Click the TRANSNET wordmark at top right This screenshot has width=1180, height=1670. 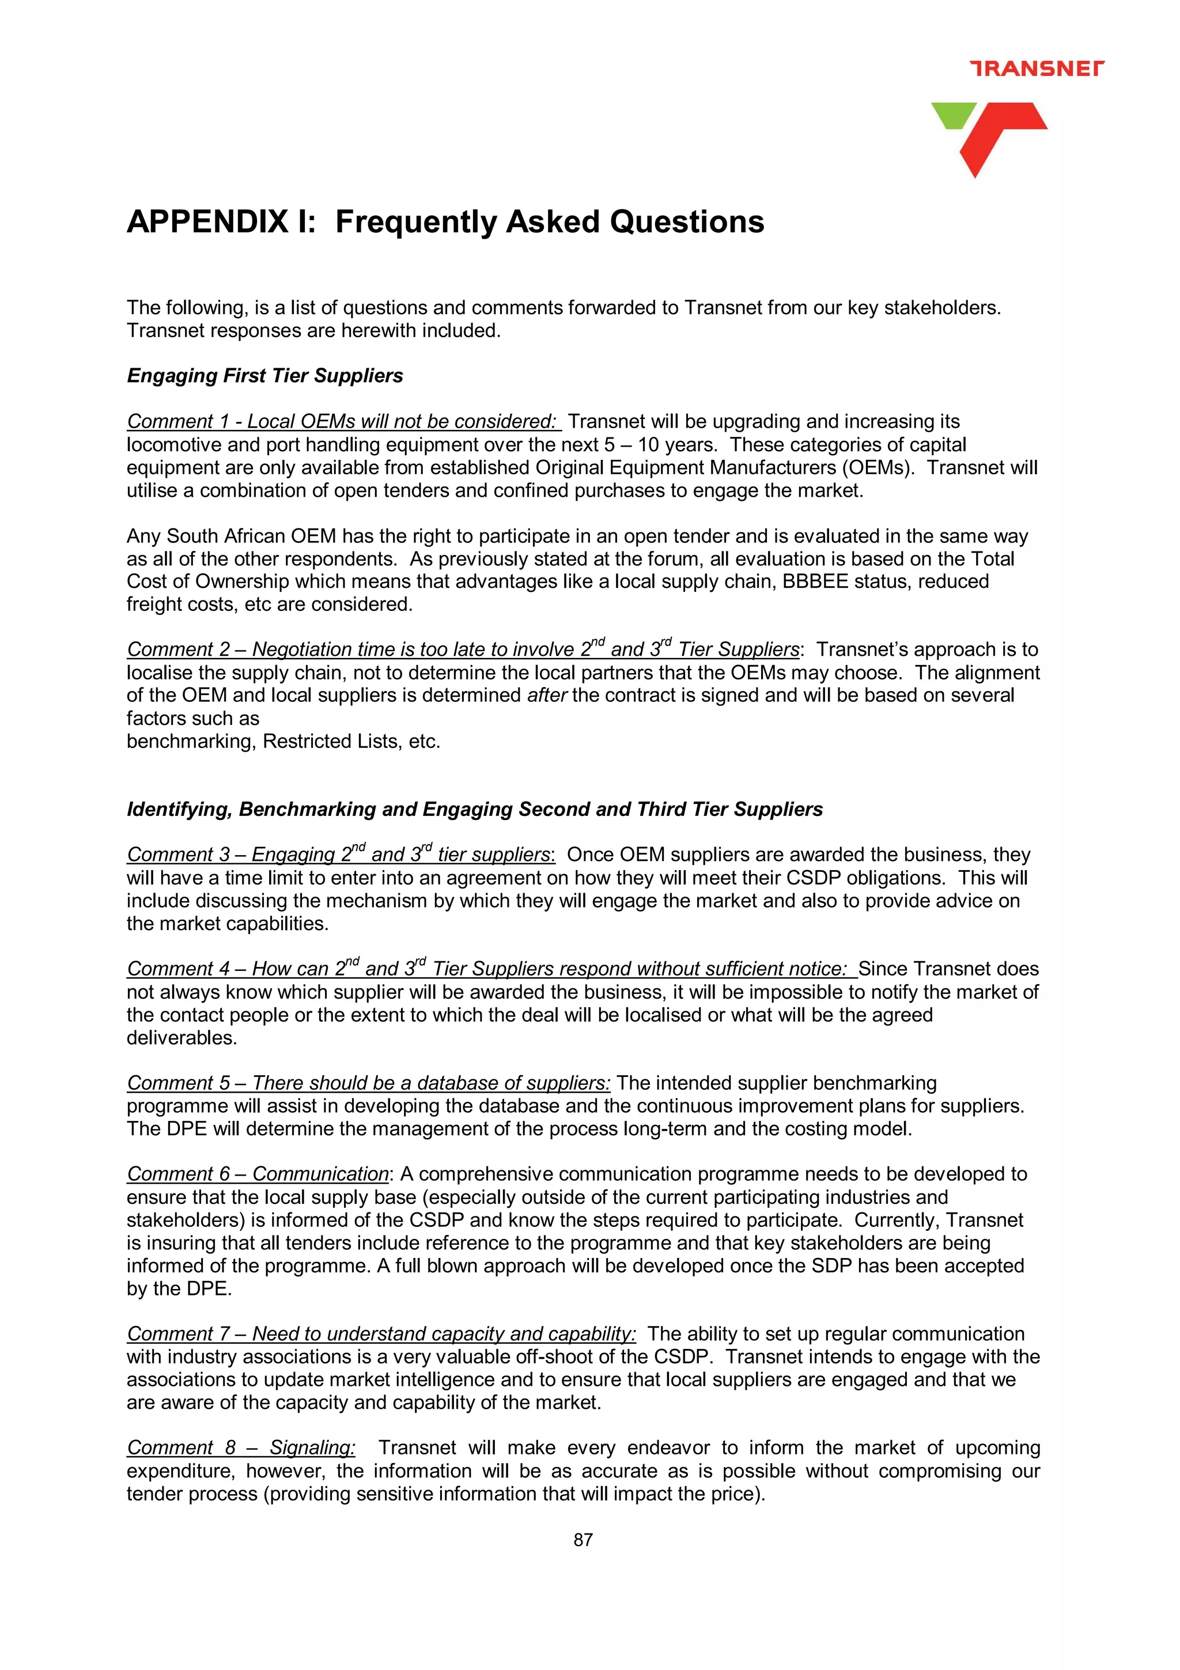(x=1036, y=69)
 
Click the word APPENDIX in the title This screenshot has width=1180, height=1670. (x=208, y=222)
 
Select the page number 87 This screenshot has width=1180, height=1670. (x=583, y=1540)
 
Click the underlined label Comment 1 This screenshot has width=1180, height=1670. (x=177, y=422)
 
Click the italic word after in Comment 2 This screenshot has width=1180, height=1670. (x=547, y=696)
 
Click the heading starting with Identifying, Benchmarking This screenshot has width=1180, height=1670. (x=474, y=809)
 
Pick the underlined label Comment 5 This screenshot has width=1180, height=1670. (x=179, y=1083)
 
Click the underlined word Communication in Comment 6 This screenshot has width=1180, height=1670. (x=320, y=1174)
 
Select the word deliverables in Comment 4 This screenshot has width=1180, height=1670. (x=181, y=1038)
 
